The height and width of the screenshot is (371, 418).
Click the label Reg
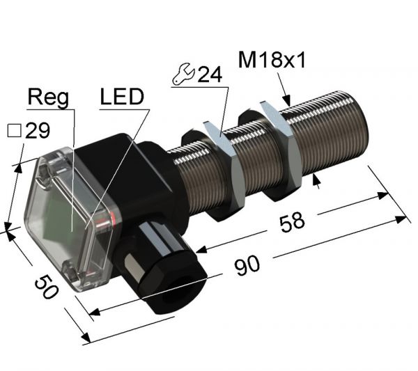[48, 98]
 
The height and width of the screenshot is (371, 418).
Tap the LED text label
[121, 98]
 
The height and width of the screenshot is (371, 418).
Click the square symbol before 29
[11, 130]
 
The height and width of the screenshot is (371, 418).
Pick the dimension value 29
[37, 130]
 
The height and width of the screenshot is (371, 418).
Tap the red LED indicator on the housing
[104, 222]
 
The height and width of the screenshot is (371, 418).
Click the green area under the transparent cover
[66, 216]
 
